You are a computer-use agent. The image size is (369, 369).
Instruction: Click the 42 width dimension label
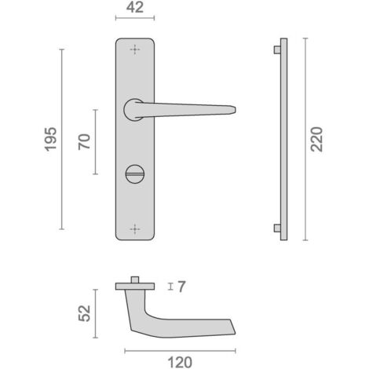(135, 7)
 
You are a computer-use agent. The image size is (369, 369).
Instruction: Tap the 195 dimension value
(50, 139)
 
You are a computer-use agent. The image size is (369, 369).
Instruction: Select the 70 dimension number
(84, 142)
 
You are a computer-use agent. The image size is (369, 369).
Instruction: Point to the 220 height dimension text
(316, 139)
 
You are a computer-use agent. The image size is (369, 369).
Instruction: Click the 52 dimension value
(85, 313)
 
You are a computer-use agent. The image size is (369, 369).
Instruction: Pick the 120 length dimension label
(180, 363)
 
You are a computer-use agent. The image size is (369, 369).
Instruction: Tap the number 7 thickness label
(181, 287)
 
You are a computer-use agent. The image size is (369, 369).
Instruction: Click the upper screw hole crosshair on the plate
(135, 49)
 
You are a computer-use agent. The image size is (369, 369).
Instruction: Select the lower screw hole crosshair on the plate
(135, 229)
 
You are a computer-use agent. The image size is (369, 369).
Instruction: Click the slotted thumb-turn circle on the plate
(135, 174)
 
